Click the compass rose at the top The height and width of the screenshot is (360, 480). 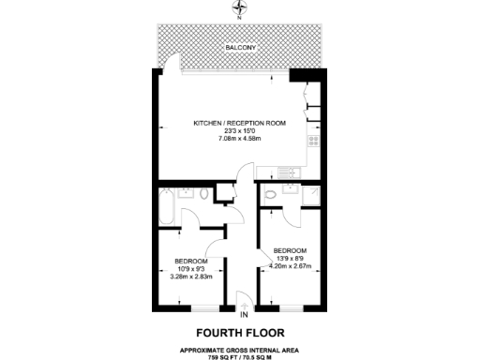coord(239,11)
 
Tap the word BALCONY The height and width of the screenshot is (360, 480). coord(239,46)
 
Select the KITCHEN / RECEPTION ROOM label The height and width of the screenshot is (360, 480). coord(239,123)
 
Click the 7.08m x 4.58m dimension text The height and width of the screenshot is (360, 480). coord(239,139)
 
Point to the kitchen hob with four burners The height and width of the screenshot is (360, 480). coord(313,142)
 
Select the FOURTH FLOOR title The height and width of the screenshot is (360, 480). coord(239,333)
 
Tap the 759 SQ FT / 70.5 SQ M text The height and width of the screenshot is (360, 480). coord(239,353)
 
